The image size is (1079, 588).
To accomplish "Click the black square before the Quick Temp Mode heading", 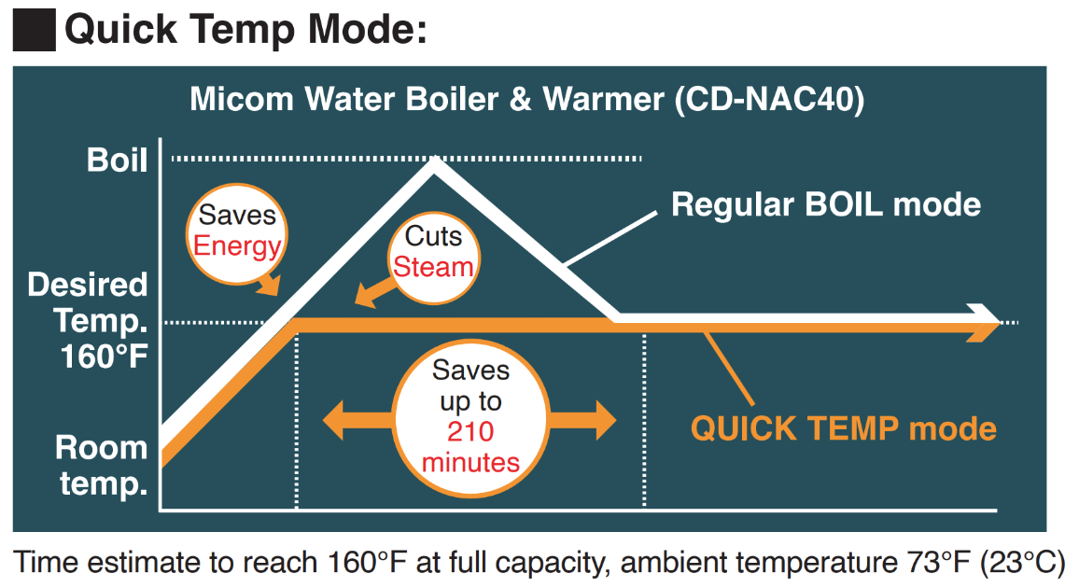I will [33, 29].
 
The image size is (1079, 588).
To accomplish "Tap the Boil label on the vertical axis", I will [117, 160].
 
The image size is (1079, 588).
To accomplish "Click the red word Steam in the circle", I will [432, 267].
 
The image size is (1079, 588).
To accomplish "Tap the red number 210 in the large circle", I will [469, 432].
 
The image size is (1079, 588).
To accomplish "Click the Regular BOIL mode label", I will [825, 204].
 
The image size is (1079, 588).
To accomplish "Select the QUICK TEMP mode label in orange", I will [843, 428].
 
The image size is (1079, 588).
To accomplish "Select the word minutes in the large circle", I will [470, 462].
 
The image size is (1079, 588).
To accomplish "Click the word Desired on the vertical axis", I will [88, 286].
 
